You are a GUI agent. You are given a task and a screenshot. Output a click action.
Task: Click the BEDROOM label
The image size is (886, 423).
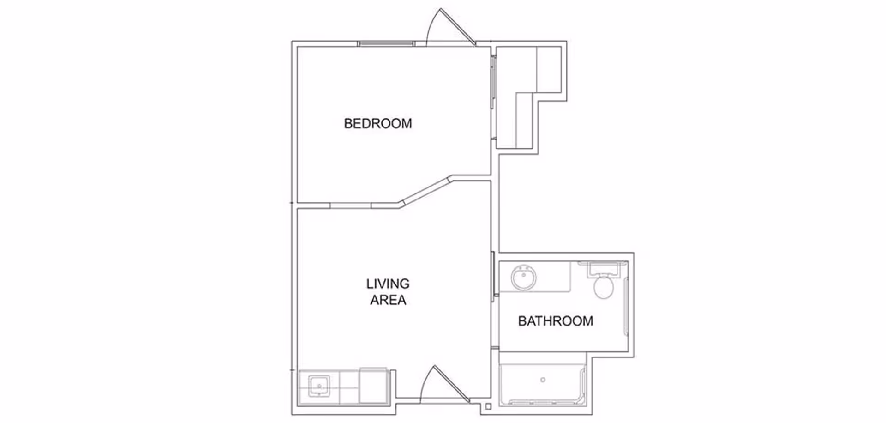tap(377, 123)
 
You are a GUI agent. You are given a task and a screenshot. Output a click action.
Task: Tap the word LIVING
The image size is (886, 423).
tap(388, 284)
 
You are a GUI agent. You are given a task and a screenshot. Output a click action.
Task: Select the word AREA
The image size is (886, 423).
tap(388, 300)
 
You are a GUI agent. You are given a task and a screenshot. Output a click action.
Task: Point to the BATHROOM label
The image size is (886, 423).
tap(555, 321)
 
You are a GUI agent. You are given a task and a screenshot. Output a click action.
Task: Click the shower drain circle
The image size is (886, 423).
tap(543, 380)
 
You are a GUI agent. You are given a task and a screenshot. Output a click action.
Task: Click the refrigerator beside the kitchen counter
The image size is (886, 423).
tap(373, 386)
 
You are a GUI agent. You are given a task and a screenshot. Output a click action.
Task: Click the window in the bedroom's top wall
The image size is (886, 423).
tap(386, 44)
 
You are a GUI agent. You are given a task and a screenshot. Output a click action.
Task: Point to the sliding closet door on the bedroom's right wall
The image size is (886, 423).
tap(493, 97)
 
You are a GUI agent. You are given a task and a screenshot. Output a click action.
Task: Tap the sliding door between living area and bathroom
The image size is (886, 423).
tap(493, 275)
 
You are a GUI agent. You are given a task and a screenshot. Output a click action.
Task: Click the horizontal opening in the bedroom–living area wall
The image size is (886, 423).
tap(351, 205)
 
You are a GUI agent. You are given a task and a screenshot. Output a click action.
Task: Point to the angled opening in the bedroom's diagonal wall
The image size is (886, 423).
tap(426, 189)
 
